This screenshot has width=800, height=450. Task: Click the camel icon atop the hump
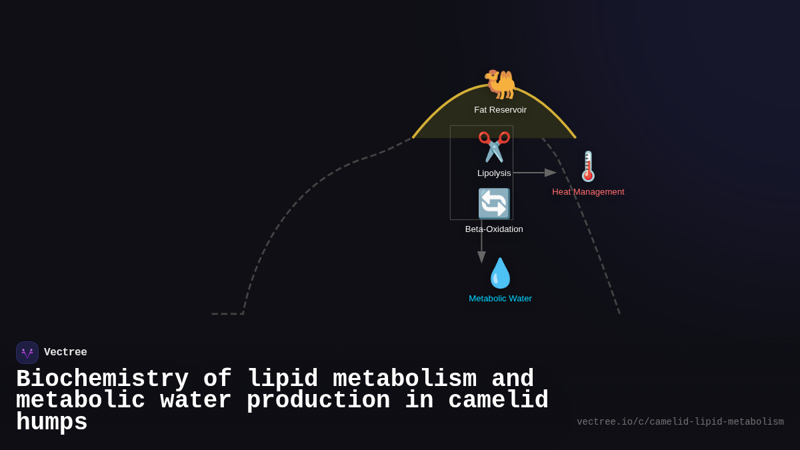(500, 84)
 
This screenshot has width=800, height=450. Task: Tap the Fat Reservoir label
(500, 110)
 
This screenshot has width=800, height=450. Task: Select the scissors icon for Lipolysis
(494, 147)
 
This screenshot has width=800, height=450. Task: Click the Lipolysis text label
(494, 173)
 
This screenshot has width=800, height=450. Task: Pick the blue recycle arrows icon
(494, 203)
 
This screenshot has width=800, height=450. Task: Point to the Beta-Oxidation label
(494, 229)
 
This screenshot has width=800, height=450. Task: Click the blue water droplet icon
(500, 273)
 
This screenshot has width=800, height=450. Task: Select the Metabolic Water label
(500, 299)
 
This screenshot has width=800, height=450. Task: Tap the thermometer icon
(588, 166)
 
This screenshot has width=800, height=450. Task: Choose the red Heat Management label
(588, 192)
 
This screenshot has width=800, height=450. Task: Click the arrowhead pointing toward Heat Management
(551, 173)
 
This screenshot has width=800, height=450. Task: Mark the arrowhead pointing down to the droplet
(481, 257)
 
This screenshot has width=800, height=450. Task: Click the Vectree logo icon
(27, 353)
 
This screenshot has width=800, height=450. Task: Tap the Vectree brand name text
(65, 353)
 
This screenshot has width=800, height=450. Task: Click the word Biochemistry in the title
(102, 379)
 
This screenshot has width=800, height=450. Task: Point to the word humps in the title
(52, 423)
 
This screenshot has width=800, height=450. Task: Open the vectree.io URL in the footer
(680, 422)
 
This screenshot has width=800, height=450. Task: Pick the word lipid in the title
(283, 379)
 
